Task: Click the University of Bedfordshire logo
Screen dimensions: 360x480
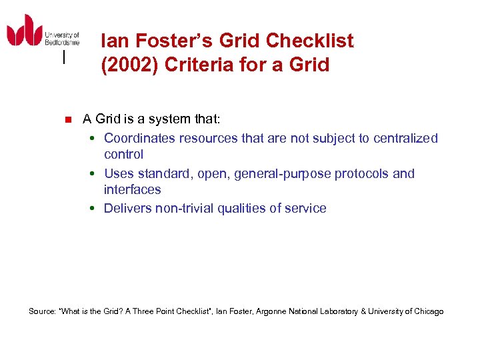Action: pyautogui.click(x=43, y=31)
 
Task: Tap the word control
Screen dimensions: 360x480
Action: pyautogui.click(x=123, y=154)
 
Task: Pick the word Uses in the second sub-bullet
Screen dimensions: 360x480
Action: pyautogui.click(x=119, y=173)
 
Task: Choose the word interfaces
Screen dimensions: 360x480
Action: pyautogui.click(x=132, y=189)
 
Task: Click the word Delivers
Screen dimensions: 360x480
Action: pyautogui.click(x=127, y=208)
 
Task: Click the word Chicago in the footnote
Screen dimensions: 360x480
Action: pyautogui.click(x=428, y=311)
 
